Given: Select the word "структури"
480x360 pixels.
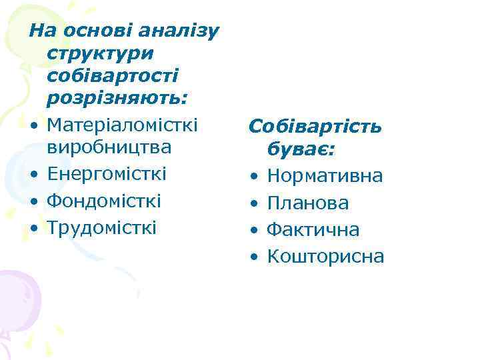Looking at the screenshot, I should (x=100, y=53).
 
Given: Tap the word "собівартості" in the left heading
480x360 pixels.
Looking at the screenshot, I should (x=112, y=76).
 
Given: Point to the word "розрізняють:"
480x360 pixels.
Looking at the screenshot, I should (x=117, y=99).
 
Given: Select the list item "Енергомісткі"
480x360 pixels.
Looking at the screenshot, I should (x=107, y=173).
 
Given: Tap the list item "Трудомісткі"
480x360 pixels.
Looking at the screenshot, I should (x=102, y=227).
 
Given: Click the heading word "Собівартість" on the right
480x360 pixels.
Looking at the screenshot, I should (x=315, y=127).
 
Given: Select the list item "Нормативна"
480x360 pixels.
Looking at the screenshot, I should (x=325, y=177).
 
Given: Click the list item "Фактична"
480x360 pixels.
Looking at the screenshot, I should (x=313, y=230).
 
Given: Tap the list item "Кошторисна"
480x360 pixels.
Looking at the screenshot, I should (x=325, y=257).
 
